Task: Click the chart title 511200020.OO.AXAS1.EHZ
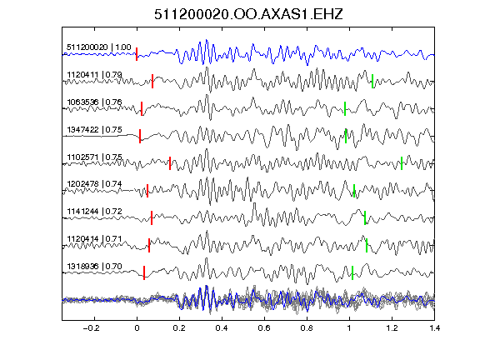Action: pos(248,14)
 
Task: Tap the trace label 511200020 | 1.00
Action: pos(99,47)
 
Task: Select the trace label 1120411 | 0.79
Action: pos(94,75)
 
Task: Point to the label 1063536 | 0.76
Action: pos(94,102)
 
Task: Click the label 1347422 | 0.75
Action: pos(94,129)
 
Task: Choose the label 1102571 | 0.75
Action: pos(94,157)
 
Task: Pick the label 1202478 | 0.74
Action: pos(94,183)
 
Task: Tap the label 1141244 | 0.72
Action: pos(94,211)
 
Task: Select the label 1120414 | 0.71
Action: pos(94,239)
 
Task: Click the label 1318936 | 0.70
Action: pos(94,267)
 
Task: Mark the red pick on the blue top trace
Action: pos(137,54)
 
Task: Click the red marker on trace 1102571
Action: pos(170,163)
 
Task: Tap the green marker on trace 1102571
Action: pos(402,163)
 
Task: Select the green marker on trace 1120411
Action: pos(372,81)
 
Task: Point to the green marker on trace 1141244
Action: pos(365,217)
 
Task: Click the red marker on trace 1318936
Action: pos(144,272)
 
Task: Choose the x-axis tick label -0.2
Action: pos(91,328)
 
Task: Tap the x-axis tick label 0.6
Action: pos(264,328)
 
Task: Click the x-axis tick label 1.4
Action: pos(434,328)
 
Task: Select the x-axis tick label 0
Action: pos(137,328)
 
